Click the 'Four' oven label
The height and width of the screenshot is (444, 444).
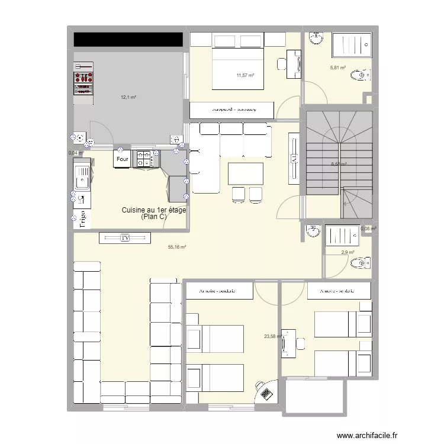click(122, 159)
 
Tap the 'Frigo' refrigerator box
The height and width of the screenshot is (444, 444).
click(82, 218)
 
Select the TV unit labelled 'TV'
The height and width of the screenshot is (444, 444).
click(125, 238)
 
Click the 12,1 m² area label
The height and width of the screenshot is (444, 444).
click(129, 97)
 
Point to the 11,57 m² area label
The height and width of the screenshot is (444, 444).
click(245, 75)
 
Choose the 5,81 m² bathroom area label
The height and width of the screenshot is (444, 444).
click(337, 68)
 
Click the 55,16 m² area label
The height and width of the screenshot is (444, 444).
click(177, 247)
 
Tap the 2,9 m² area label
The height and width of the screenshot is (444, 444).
click(348, 253)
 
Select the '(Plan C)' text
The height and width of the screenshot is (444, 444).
click(154, 217)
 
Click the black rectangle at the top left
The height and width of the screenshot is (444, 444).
click(127, 39)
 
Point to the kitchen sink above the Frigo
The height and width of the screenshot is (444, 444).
click(81, 176)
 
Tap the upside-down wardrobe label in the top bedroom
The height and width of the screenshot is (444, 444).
click(232, 110)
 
